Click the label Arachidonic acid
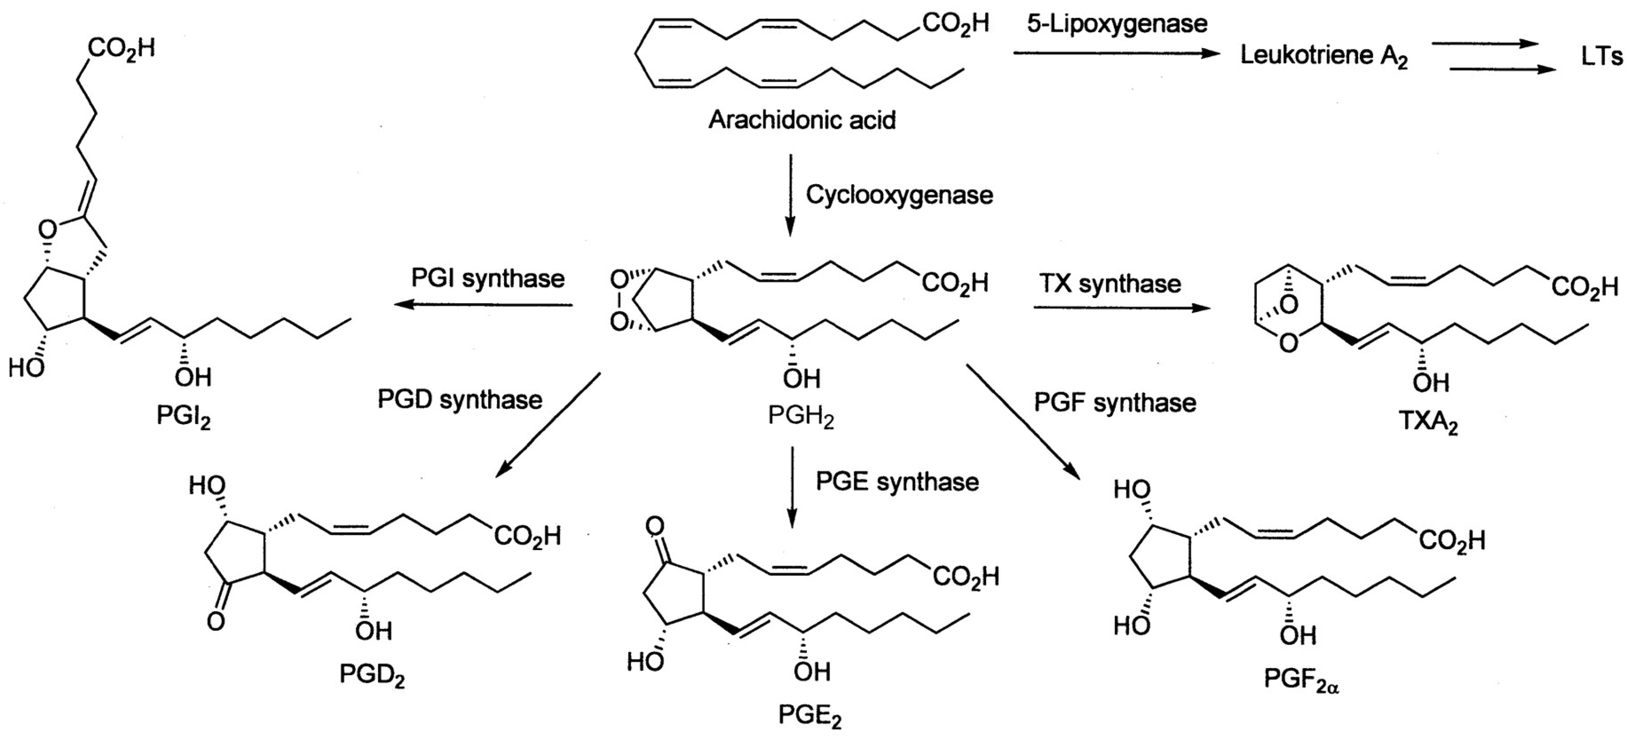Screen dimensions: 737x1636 [x=801, y=120]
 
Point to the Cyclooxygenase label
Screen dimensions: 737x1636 [x=899, y=195]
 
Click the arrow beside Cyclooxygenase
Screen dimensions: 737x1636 [x=790, y=194]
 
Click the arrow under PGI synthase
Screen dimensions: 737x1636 [x=483, y=305]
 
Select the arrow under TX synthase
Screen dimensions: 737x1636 [x=1122, y=308]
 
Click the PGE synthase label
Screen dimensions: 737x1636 [x=897, y=482]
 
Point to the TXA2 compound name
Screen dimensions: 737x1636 [x=1428, y=422]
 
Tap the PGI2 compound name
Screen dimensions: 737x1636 [x=184, y=417]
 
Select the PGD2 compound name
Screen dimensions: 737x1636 [x=371, y=675]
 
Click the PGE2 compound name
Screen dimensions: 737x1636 [x=810, y=717]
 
